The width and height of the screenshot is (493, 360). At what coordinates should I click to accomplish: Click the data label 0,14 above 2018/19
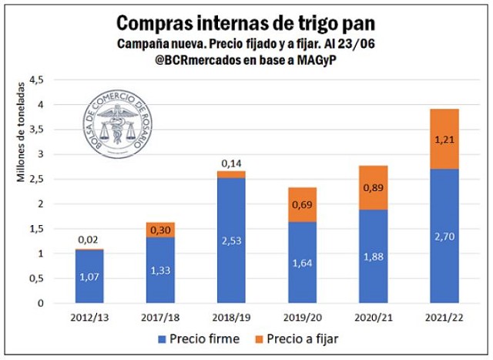[x=231, y=163]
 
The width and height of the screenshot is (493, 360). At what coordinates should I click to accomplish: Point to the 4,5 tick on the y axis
[x=36, y=79]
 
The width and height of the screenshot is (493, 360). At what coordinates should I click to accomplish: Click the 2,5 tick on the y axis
[x=36, y=179]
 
